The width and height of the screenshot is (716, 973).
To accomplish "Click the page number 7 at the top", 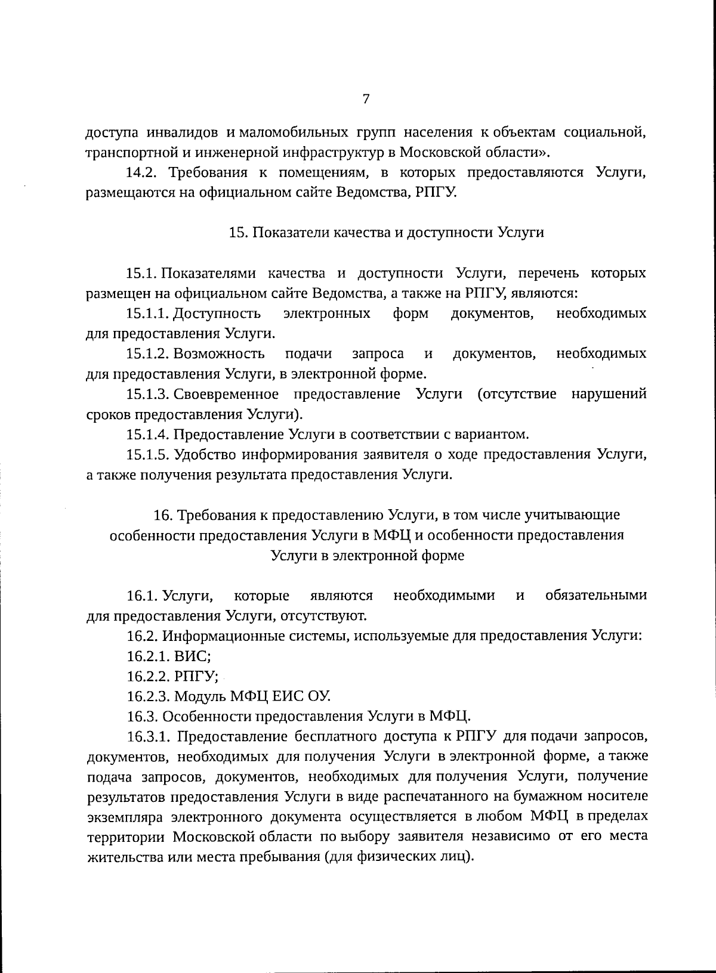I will click(x=366, y=99).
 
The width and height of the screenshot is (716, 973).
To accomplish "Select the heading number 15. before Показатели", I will click(x=238, y=233).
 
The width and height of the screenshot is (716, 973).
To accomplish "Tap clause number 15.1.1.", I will click(x=148, y=314).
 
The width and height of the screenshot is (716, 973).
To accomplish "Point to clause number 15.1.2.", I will click(x=148, y=354).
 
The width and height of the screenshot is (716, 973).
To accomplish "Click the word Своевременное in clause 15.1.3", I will click(x=226, y=395).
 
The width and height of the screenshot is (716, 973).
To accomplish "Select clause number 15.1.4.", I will click(x=148, y=435).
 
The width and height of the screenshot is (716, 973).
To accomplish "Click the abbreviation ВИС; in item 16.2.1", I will click(x=193, y=656).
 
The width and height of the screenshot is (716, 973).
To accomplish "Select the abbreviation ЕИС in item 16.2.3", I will click(x=288, y=696).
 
